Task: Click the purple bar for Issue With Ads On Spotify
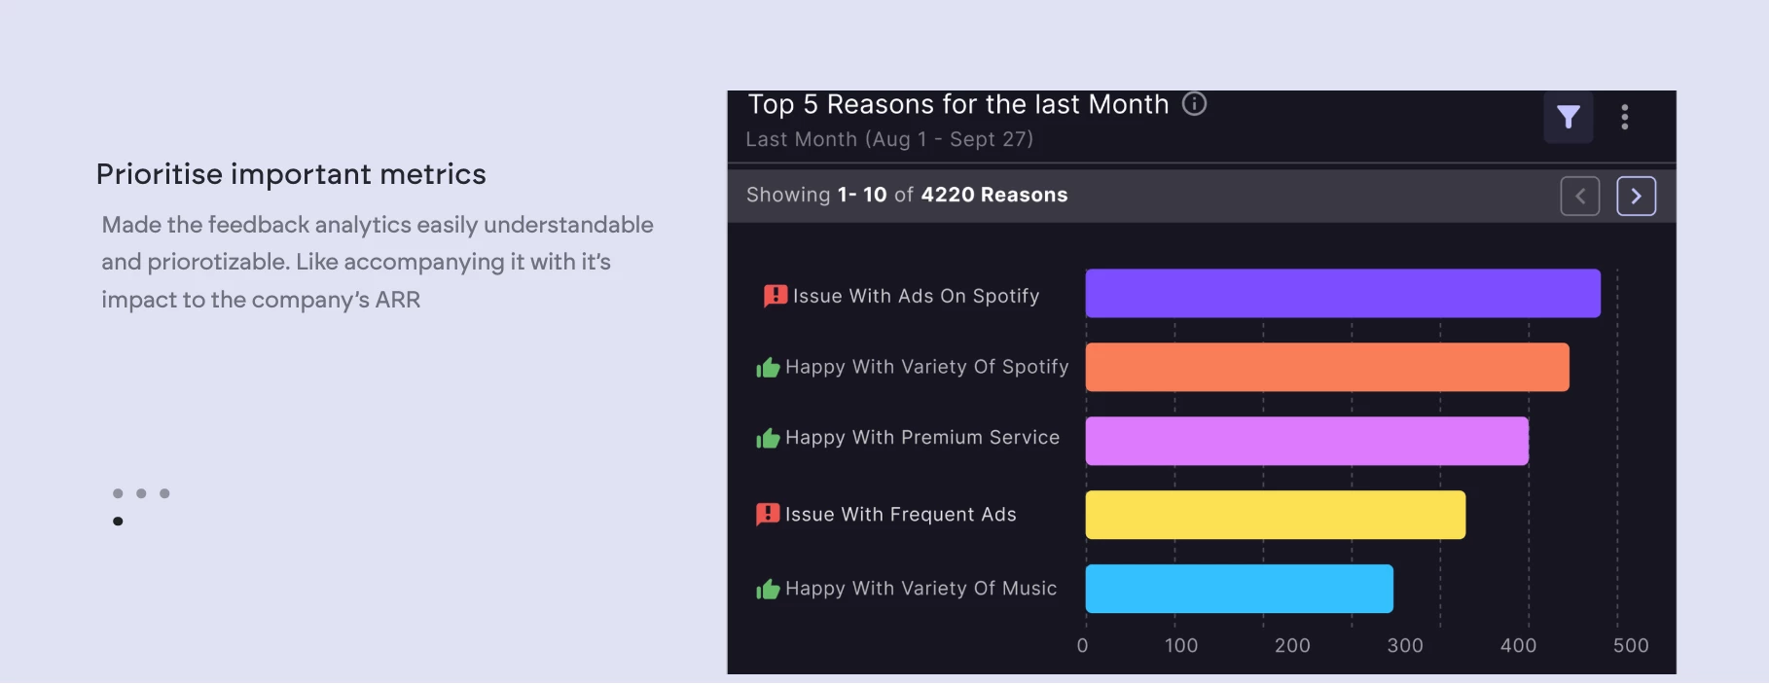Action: [x=1342, y=294]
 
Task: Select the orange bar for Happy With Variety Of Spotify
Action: [x=1326, y=368]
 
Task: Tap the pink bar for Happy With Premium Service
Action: [x=1306, y=442]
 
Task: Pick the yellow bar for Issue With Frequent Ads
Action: [x=1275, y=515]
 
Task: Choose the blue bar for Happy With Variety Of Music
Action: [x=1239, y=589]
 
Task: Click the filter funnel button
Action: [x=1568, y=118]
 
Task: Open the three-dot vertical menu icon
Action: [x=1624, y=118]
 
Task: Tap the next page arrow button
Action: [x=1636, y=197]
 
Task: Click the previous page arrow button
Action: [x=1579, y=197]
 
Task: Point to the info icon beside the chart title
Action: [x=1194, y=104]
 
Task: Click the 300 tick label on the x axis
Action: [x=1404, y=645]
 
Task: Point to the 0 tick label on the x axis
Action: [x=1082, y=645]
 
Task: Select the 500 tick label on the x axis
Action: [x=1630, y=645]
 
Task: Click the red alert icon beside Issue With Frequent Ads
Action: [x=768, y=514]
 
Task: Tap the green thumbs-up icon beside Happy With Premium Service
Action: [x=768, y=439]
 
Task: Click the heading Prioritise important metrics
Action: [x=291, y=174]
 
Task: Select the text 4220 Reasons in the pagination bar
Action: [x=993, y=195]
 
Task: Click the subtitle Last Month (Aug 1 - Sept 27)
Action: [x=889, y=139]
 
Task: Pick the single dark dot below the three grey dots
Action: [x=118, y=522]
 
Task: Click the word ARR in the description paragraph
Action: [x=398, y=300]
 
